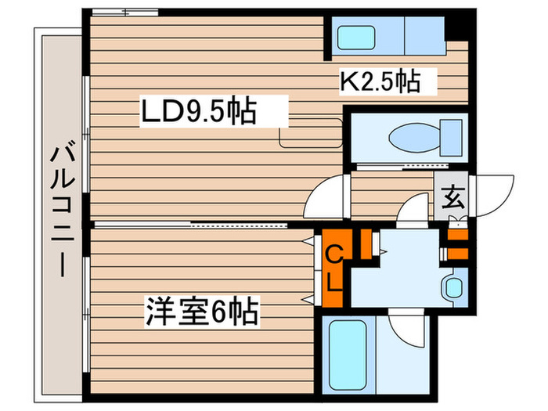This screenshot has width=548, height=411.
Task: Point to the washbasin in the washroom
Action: (x=452, y=287)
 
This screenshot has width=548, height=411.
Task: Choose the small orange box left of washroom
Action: (x=365, y=243)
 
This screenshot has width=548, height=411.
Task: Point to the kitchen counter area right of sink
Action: (x=424, y=36)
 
